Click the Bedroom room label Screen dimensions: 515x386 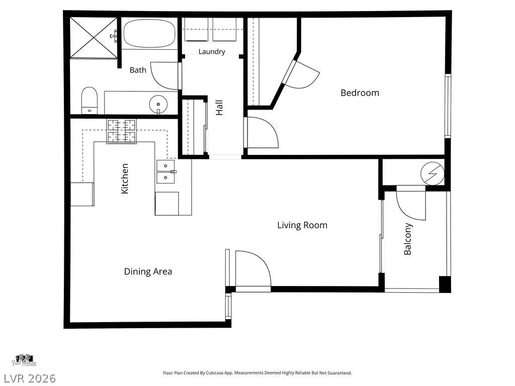360,93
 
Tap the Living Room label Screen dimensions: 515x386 302,225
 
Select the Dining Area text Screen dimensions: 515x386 148,271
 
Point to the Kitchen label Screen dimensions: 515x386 125,178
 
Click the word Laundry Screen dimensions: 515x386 212,52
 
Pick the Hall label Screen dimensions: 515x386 219,108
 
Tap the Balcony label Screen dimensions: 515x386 407,239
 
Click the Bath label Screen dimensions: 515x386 138,70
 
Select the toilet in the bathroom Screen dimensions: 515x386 90,101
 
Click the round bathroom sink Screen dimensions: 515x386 158,105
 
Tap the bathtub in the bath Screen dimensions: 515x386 149,34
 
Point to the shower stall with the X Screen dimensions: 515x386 94,37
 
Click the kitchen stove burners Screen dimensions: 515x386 122,131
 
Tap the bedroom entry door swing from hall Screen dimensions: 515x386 263,132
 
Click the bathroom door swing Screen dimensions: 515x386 164,75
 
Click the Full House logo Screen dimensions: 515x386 24,360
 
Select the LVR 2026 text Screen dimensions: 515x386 28,378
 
